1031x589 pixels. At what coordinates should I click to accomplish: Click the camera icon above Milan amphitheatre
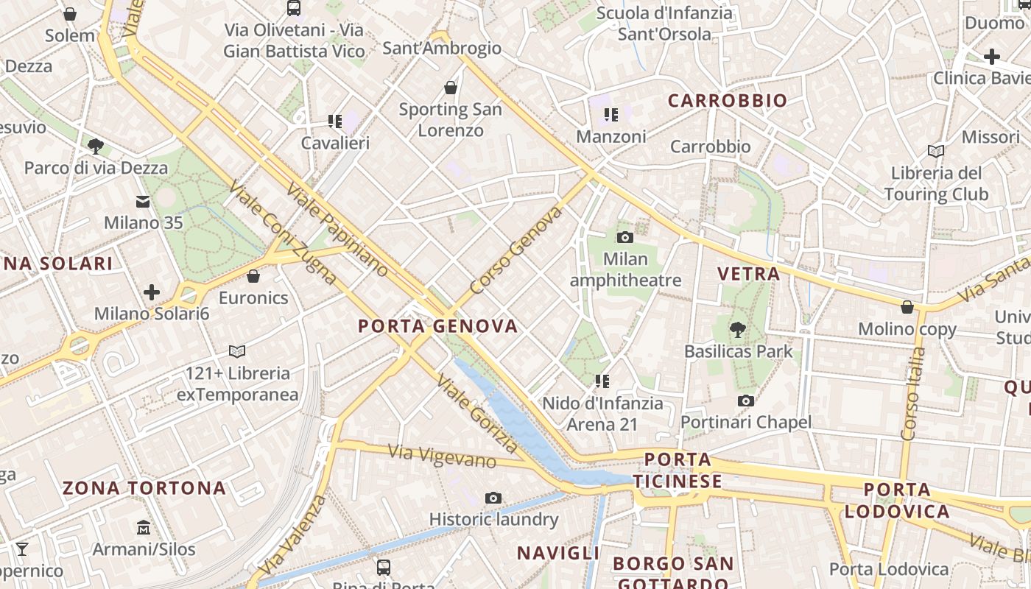click(x=624, y=237)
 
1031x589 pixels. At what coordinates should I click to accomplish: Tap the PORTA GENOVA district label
click(x=437, y=326)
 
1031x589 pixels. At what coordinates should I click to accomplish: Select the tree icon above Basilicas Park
click(x=738, y=329)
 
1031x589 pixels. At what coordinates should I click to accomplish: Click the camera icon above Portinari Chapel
click(x=746, y=401)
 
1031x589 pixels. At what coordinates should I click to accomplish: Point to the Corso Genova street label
click(x=515, y=251)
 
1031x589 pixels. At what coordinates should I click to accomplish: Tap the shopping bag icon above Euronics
click(x=253, y=276)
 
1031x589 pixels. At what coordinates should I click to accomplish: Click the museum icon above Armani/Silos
click(x=144, y=528)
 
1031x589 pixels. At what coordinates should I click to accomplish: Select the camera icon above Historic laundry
click(x=493, y=498)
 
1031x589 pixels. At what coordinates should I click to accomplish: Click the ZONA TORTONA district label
click(x=144, y=488)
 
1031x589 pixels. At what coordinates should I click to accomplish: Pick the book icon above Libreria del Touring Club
click(x=936, y=151)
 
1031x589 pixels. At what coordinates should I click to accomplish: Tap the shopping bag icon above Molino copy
click(x=907, y=307)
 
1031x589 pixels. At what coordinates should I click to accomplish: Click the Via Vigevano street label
click(x=442, y=456)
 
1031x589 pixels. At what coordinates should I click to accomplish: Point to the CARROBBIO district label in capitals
click(x=727, y=100)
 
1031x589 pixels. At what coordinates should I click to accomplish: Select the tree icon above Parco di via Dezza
click(x=95, y=146)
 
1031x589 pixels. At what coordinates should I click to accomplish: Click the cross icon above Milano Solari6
click(x=152, y=292)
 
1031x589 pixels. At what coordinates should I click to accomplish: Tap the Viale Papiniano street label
click(x=337, y=229)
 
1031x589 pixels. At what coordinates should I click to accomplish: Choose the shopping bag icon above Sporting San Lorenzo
click(x=451, y=88)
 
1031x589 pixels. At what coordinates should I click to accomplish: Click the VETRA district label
click(x=748, y=274)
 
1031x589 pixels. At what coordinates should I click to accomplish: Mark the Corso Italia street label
click(x=914, y=394)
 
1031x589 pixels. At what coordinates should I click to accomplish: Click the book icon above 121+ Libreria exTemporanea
click(x=237, y=351)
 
